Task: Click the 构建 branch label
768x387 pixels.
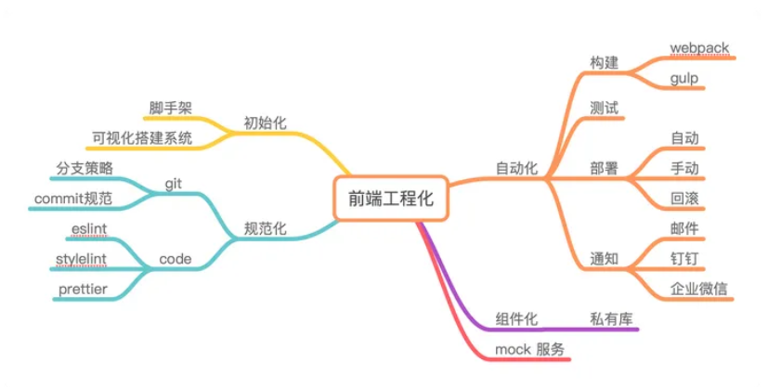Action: [x=604, y=63]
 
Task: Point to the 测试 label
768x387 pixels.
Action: [x=604, y=107]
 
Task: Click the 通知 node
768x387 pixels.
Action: [x=604, y=258]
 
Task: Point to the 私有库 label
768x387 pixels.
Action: [x=611, y=318]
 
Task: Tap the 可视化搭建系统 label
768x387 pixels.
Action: [x=141, y=138]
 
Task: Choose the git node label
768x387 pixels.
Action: [x=173, y=183]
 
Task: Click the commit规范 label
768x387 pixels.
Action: [x=73, y=198]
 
